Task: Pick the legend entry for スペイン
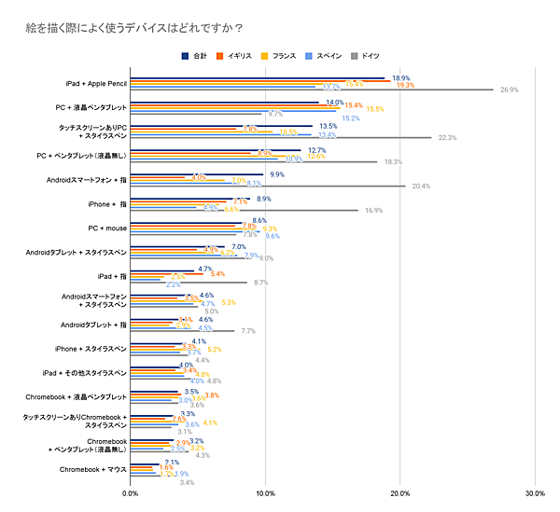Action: point(324,56)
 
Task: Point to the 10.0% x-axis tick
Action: point(265,493)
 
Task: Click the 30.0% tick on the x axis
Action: point(535,493)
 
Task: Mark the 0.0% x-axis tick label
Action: point(131,493)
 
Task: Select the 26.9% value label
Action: point(509,90)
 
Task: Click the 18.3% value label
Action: point(393,161)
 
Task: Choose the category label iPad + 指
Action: point(111,276)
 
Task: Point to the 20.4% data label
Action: point(421,186)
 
